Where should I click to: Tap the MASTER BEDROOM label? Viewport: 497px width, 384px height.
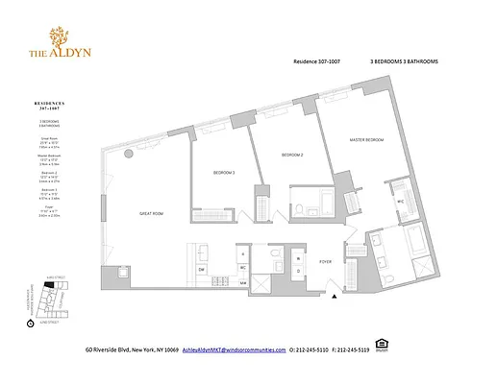click(x=366, y=140)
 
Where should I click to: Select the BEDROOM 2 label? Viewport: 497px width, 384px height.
click(x=292, y=155)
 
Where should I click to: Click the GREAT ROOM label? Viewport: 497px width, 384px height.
click(x=151, y=213)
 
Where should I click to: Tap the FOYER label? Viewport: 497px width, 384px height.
click(x=325, y=260)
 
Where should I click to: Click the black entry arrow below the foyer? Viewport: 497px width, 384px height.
click(x=334, y=298)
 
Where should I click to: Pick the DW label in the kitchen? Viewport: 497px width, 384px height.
click(x=201, y=270)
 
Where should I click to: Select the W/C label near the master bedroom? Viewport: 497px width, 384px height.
click(x=398, y=202)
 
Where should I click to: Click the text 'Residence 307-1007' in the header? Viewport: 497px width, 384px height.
click(x=318, y=60)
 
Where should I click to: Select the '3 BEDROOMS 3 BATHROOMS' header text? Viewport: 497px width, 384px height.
click(x=404, y=60)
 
